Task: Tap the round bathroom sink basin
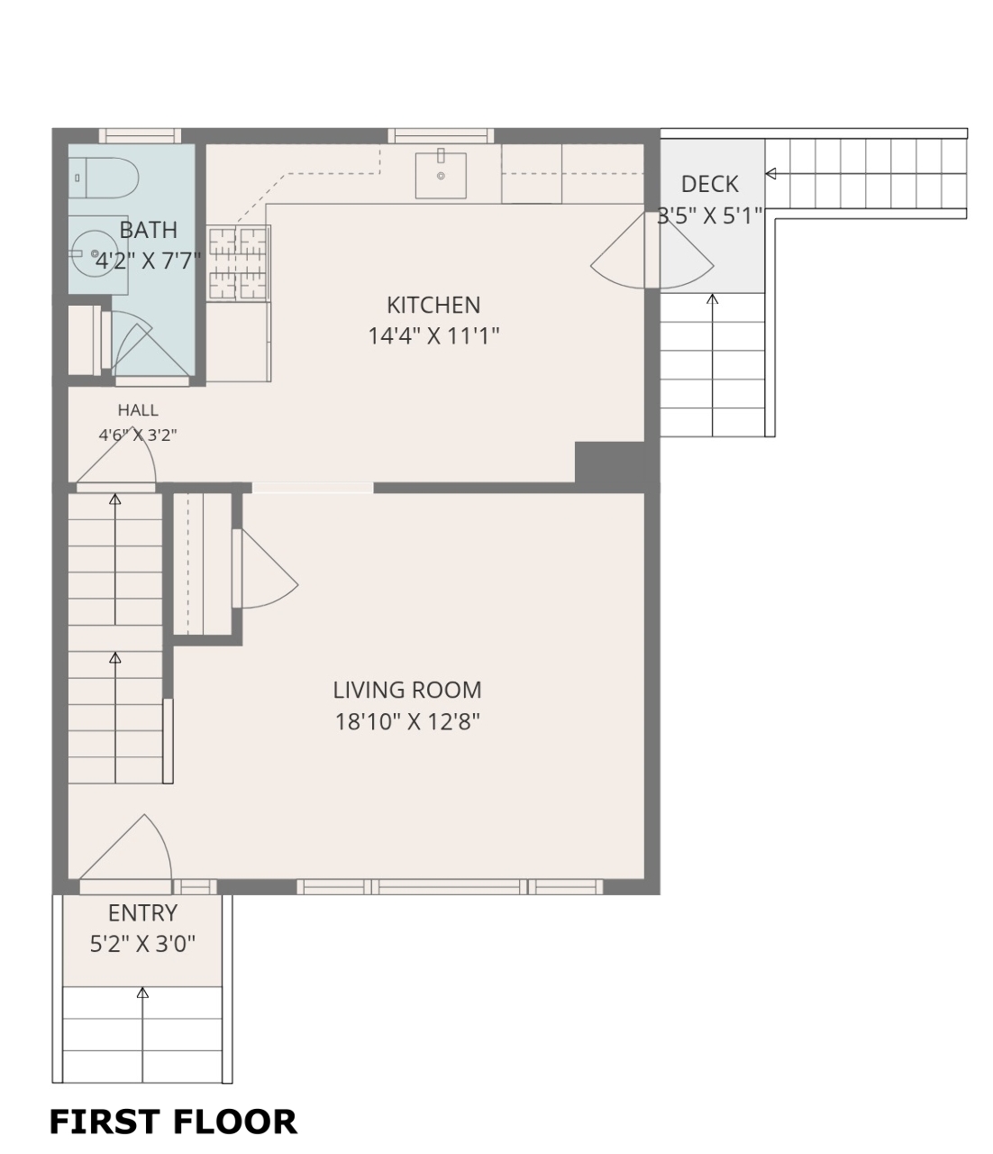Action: coord(95,253)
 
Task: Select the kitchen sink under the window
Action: coord(440,175)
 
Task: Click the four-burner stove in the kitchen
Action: coord(239,263)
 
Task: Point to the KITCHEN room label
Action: coord(433,306)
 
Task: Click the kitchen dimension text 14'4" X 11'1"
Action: coord(433,336)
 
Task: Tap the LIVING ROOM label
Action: coord(407,690)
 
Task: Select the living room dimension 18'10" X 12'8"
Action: coord(407,722)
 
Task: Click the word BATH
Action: coord(149,230)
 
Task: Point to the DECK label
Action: coord(709,184)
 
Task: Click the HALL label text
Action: coord(138,410)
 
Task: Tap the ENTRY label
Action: coord(142,913)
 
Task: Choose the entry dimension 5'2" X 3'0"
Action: coord(142,945)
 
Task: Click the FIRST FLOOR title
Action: coord(173,1122)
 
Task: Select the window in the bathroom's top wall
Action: coord(140,135)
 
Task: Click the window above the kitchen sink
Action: coord(441,135)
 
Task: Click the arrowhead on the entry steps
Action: coord(142,993)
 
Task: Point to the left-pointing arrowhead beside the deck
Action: coord(770,174)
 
